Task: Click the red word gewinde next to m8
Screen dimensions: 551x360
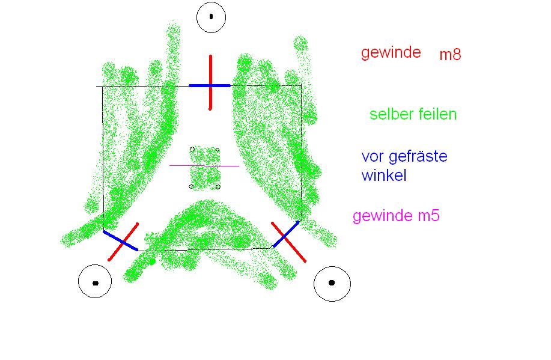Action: pyautogui.click(x=391, y=53)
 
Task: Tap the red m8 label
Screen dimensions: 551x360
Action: pyautogui.click(x=450, y=55)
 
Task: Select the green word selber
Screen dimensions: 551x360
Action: pyautogui.click(x=390, y=114)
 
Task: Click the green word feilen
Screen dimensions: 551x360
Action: pyautogui.click(x=436, y=114)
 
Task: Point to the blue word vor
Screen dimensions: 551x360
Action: pyautogui.click(x=373, y=157)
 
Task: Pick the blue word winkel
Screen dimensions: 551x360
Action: pyautogui.click(x=384, y=175)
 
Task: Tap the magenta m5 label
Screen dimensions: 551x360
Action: pyautogui.click(x=428, y=216)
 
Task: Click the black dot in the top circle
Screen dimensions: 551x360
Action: pyautogui.click(x=211, y=16)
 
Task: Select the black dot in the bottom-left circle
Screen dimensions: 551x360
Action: pyautogui.click(x=95, y=283)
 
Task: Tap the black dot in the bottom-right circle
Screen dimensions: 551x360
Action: pyautogui.click(x=332, y=282)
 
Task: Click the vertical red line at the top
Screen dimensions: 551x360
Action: pyautogui.click(x=210, y=82)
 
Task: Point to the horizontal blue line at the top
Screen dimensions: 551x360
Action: pyautogui.click(x=210, y=85)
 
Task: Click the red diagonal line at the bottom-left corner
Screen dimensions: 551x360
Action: pyautogui.click(x=123, y=242)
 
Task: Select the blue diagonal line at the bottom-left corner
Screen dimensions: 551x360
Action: pyautogui.click(x=121, y=241)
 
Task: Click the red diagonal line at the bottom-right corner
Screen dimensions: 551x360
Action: pyautogui.click(x=288, y=242)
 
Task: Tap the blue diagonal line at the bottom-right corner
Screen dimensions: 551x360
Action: pyautogui.click(x=286, y=234)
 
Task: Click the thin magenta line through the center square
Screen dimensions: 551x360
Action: pyautogui.click(x=204, y=166)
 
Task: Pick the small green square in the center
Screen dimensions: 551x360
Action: pyautogui.click(x=205, y=168)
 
